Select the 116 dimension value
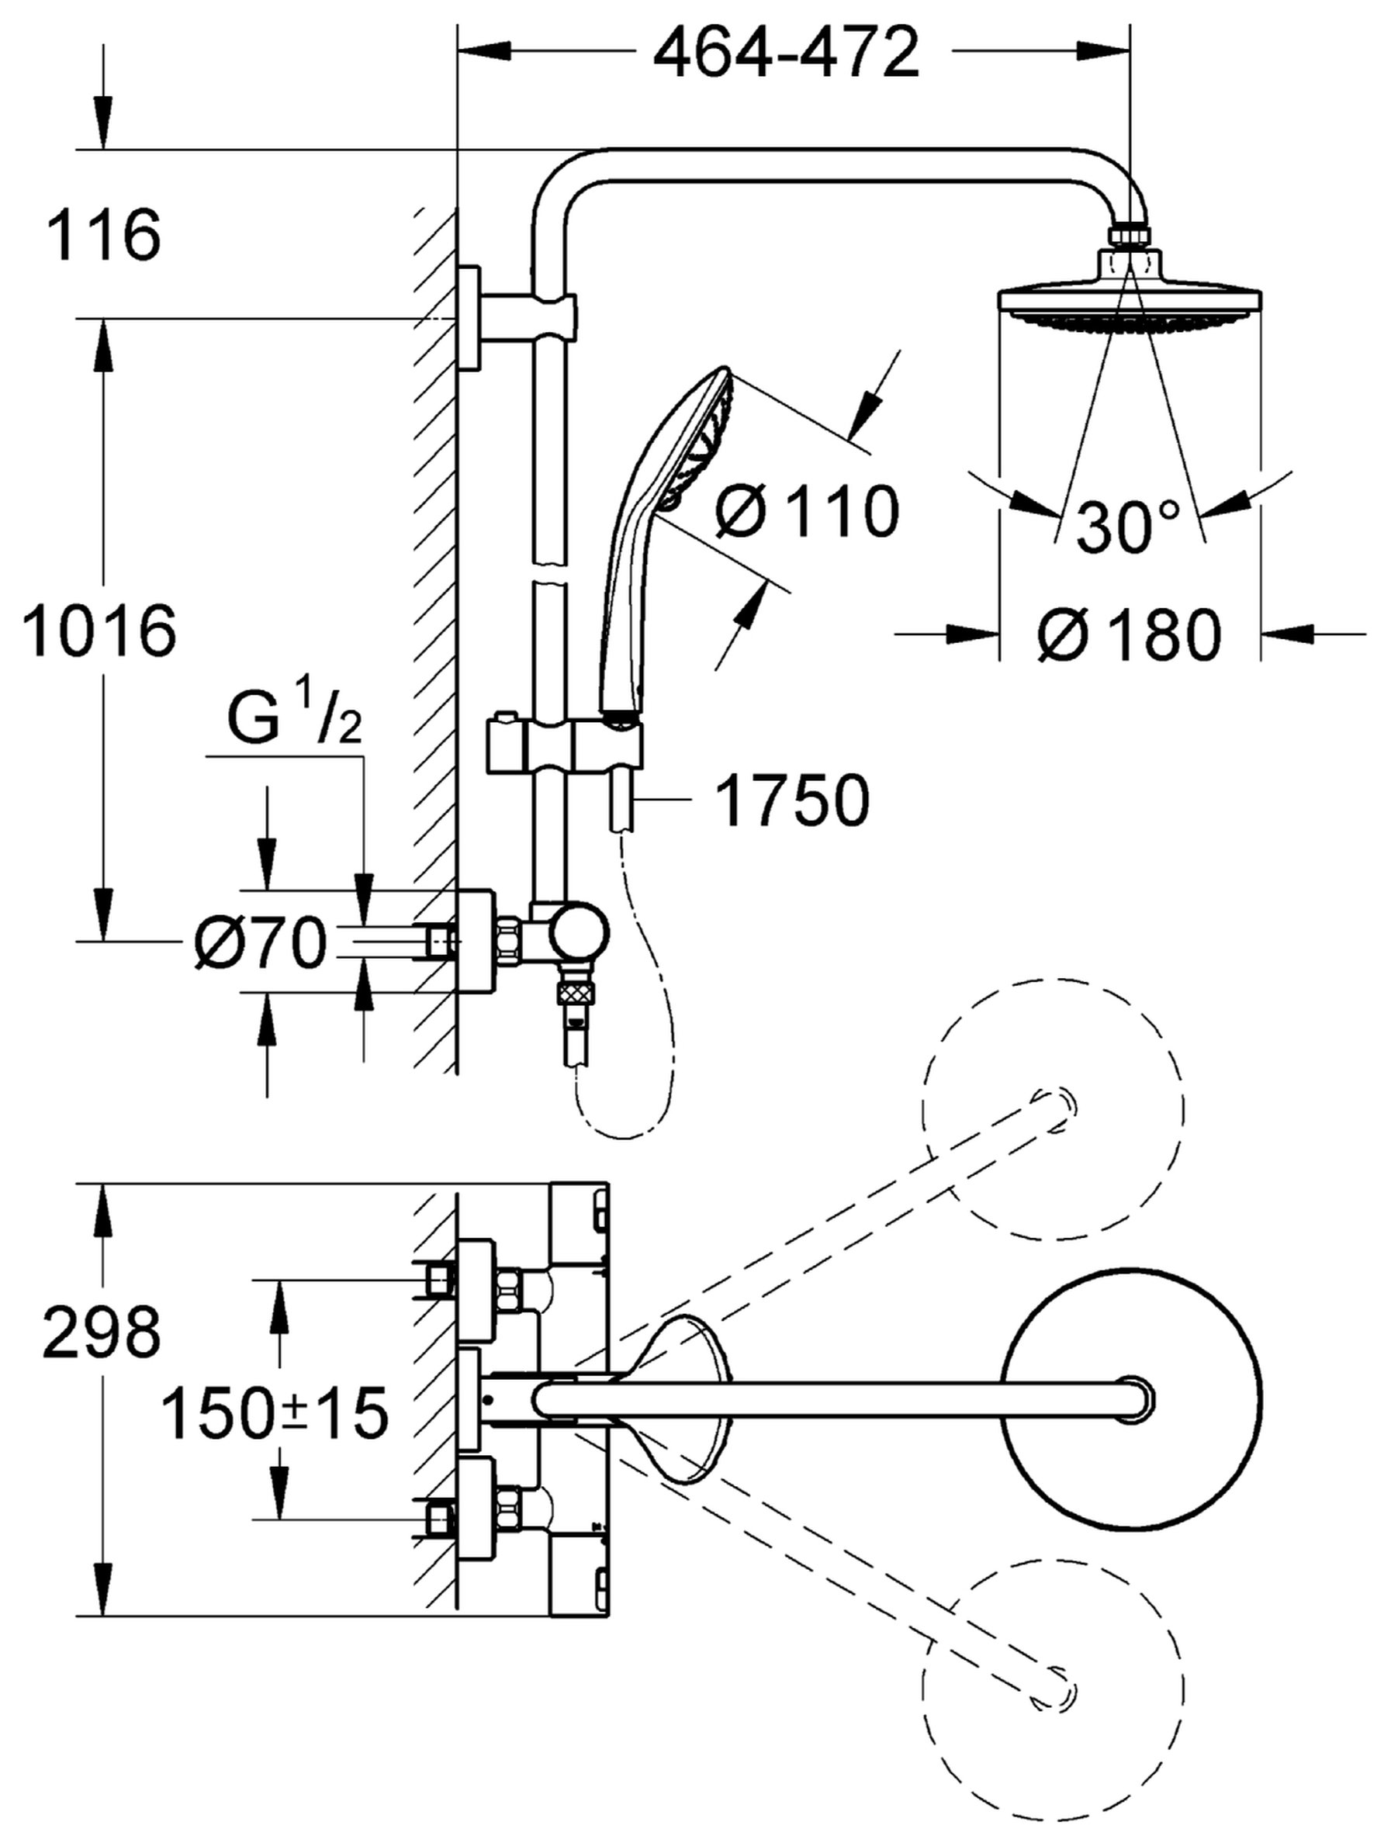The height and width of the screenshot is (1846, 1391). click(x=103, y=235)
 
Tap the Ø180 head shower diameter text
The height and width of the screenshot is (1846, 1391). click(x=1130, y=635)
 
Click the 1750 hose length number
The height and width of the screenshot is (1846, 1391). click(x=792, y=801)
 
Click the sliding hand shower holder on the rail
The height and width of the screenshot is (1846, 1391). click(x=565, y=745)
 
